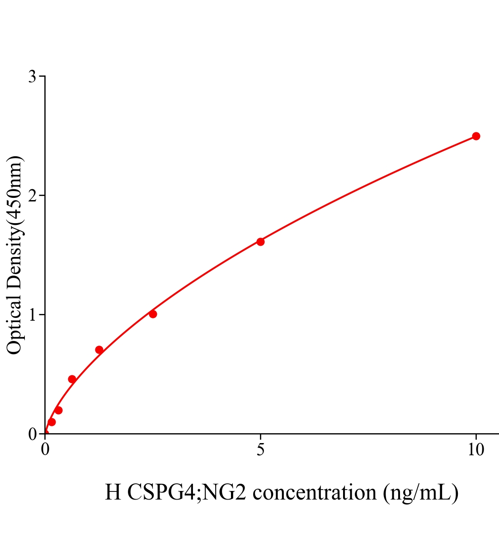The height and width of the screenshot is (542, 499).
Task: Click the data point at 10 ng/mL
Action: (475, 136)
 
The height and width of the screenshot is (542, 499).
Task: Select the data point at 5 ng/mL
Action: (260, 242)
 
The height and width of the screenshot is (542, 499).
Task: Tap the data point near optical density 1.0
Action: (153, 314)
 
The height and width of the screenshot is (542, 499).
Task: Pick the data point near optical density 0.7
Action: (99, 350)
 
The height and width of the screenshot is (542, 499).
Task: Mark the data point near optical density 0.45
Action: (72, 379)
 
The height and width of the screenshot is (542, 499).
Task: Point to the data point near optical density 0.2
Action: (58, 410)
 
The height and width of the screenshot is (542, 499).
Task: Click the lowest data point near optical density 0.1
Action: (52, 422)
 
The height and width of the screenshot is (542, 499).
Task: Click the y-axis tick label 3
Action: (32, 77)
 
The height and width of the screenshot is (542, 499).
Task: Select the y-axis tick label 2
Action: (32, 196)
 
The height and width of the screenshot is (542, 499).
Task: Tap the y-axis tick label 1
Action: (32, 315)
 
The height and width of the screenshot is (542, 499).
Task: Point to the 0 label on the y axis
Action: (32, 434)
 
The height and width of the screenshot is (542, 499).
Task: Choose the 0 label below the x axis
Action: (45, 450)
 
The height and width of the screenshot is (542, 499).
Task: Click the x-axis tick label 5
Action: (260, 450)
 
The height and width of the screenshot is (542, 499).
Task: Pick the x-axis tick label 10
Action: (475, 450)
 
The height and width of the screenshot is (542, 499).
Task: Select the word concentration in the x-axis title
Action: (315, 492)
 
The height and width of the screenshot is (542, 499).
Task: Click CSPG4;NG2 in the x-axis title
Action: (187, 492)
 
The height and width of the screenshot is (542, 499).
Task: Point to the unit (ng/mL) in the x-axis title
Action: (420, 492)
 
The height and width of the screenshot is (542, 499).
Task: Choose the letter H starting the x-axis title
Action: (113, 492)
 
